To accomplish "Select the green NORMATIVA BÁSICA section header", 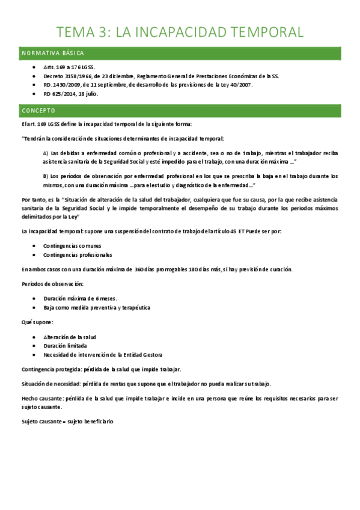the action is tap(54, 54).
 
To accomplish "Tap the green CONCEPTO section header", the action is tap(38, 111).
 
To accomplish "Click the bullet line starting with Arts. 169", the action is tap(69, 67).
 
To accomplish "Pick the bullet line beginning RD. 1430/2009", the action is tap(148, 85).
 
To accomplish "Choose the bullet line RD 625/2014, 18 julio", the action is tap(71, 94).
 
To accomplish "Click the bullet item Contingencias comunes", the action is tap(72, 245).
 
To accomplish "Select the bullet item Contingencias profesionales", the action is tap(78, 254).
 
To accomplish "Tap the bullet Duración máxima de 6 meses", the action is tap(80, 298).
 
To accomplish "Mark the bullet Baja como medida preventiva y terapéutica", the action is tap(97, 307).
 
